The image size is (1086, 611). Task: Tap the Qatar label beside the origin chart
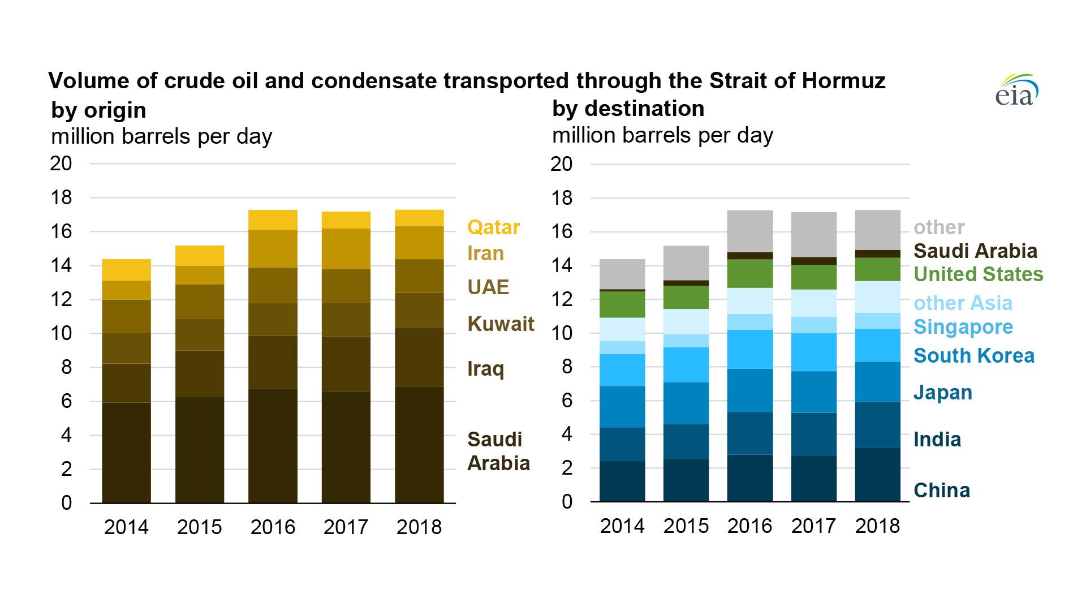[x=493, y=227]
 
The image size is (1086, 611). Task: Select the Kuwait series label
[x=501, y=324]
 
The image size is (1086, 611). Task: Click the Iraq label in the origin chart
[x=485, y=369]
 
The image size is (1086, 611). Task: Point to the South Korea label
[x=973, y=356]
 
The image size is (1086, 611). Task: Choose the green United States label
[x=978, y=274]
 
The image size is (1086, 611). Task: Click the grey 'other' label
[x=939, y=227]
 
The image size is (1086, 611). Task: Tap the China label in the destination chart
[x=942, y=490]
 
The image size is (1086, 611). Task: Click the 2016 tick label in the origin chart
[x=273, y=527]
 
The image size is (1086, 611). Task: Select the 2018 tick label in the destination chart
[x=877, y=526]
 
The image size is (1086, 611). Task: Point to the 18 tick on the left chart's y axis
[x=61, y=197]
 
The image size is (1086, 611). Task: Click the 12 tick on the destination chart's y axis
[x=562, y=300]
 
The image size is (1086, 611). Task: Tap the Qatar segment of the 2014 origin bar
[x=126, y=270]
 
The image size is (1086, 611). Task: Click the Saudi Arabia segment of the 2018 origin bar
[x=419, y=445]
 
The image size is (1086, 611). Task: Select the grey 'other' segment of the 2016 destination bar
[x=749, y=231]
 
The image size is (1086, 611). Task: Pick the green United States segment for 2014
[x=622, y=304]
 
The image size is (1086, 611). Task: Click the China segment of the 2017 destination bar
[x=813, y=478]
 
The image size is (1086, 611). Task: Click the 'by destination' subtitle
[x=628, y=109]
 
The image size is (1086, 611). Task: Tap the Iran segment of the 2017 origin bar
[x=346, y=249]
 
